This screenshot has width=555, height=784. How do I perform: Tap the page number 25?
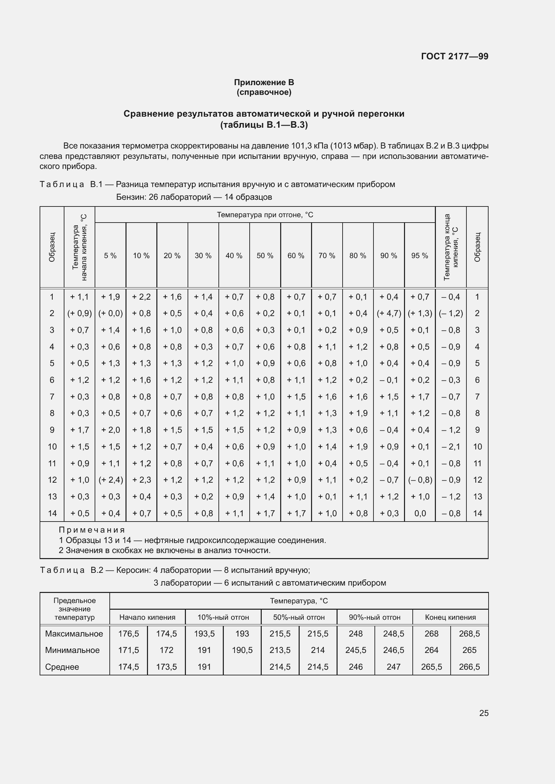(x=484, y=713)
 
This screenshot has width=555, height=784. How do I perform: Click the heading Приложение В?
(x=264, y=82)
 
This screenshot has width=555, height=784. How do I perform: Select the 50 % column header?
(x=265, y=256)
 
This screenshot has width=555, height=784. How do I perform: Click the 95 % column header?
(x=420, y=256)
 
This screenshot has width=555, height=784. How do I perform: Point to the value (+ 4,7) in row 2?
(x=389, y=313)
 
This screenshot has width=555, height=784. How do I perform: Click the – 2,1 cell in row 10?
(x=451, y=446)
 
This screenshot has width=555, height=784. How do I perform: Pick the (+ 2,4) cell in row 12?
(x=110, y=480)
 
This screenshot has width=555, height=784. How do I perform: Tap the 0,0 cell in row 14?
(x=420, y=513)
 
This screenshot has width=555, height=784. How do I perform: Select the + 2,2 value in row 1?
(x=141, y=297)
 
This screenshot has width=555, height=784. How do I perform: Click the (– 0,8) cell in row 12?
(x=420, y=480)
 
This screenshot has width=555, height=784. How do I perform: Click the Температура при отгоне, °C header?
(x=265, y=215)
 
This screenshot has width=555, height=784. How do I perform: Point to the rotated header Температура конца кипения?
(x=451, y=247)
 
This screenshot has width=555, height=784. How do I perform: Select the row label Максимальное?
(x=74, y=634)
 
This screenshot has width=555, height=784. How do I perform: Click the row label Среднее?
(x=62, y=667)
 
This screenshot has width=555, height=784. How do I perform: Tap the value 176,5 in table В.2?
(x=129, y=634)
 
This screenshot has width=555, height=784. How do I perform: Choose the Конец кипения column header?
(x=450, y=617)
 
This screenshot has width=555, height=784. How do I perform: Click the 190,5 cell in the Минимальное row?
(x=242, y=650)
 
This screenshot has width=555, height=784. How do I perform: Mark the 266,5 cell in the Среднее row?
(x=469, y=667)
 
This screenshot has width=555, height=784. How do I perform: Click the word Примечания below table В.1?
(x=92, y=530)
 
